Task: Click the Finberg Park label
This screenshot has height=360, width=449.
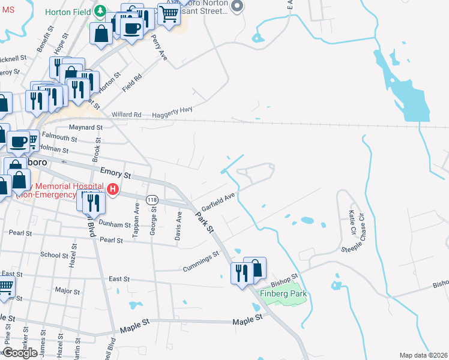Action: (283, 293)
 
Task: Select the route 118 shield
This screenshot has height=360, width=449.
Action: (152, 199)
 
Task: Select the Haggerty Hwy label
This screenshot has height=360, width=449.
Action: (172, 110)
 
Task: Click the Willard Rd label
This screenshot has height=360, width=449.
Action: (126, 115)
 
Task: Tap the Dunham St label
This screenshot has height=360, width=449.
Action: (115, 224)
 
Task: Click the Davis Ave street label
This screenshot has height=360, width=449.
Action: (178, 229)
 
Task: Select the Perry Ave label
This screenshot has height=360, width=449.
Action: (159, 47)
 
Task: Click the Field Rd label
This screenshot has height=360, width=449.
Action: (131, 82)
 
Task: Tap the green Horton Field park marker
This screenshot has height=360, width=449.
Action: (101, 11)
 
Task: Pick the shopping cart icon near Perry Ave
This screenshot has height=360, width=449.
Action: (169, 14)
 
